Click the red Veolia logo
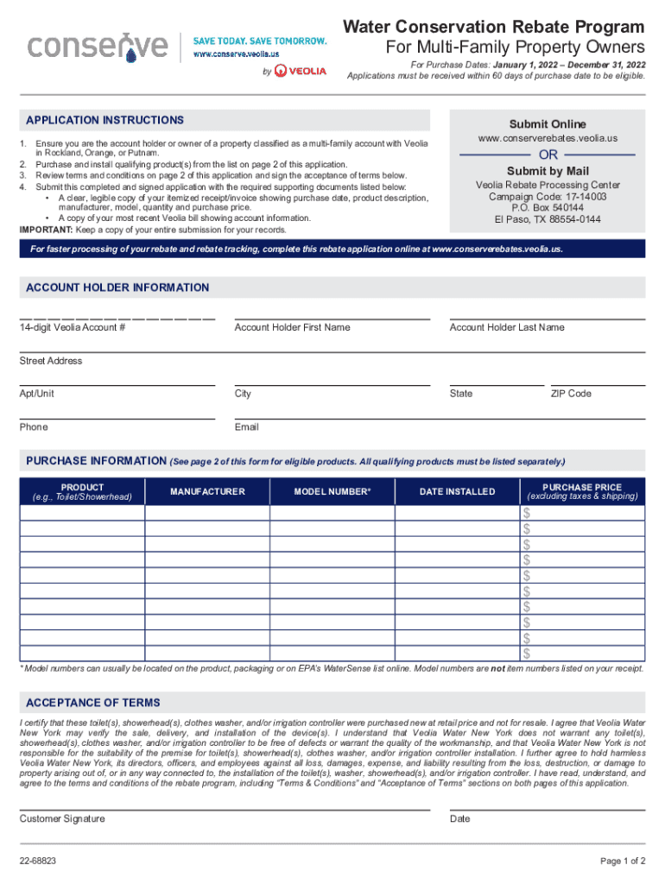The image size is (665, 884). tap(301, 71)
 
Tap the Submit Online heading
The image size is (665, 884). tap(547, 124)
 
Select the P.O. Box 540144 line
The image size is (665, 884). tap(547, 208)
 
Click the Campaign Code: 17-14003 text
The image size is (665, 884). tap(547, 197)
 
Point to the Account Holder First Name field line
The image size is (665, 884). tap(332, 319)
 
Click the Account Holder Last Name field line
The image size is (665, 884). tap(547, 319)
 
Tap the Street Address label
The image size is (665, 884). tap(51, 361)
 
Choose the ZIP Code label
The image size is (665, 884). tap(571, 394)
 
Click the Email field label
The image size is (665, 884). tap(246, 427)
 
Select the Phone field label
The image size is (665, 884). tap(34, 427)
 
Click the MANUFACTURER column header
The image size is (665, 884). tap(207, 492)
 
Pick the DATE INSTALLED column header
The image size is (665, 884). tap(457, 492)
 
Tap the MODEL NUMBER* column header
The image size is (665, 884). tap(332, 492)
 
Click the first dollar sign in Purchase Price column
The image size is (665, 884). tap(526, 514)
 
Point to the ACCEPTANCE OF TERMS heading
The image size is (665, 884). tap(93, 703)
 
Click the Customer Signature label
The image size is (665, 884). tap(62, 818)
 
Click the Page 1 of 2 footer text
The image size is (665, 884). tap(623, 862)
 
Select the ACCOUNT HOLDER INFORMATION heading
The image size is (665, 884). tap(117, 287)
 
